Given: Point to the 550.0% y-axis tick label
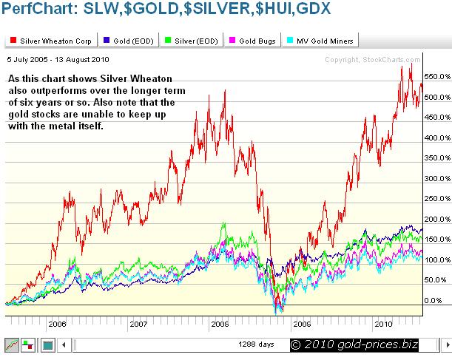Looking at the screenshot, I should coord(436,76).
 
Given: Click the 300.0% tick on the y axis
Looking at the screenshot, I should coord(436,178).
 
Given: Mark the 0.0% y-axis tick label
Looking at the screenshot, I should coord(434,301).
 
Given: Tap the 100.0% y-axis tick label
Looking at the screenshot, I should coord(436,260).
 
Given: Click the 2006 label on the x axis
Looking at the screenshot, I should coord(56,324).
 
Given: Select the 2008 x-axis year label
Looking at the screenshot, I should coord(220,324).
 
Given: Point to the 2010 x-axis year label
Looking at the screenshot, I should coord(383,324).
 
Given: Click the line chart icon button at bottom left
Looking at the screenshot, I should coord(12,344).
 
